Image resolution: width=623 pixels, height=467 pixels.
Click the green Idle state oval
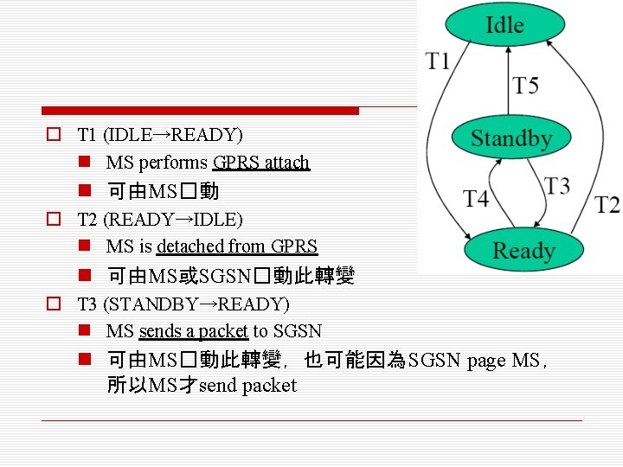pyautogui.click(x=504, y=25)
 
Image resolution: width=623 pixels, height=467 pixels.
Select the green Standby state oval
pyautogui.click(x=511, y=138)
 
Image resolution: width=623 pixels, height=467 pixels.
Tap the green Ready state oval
pyautogui.click(x=523, y=251)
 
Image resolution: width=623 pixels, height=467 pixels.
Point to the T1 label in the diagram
pyautogui.click(x=438, y=61)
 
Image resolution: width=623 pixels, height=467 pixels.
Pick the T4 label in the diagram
pyautogui.click(x=475, y=199)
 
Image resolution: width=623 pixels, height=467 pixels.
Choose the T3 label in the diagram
pyautogui.click(x=557, y=186)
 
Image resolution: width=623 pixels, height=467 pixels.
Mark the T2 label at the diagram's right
pyautogui.click(x=607, y=205)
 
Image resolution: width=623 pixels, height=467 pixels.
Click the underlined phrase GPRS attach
pyautogui.click(x=260, y=163)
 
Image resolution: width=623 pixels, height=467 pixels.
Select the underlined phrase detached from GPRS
pyautogui.click(x=237, y=246)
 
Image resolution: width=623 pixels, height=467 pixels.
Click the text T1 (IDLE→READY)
pyautogui.click(x=160, y=135)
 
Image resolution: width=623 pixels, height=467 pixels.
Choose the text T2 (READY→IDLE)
pyautogui.click(x=160, y=220)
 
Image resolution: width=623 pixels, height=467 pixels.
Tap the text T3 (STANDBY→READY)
pyautogui.click(x=183, y=304)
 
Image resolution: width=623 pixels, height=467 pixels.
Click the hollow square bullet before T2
pyautogui.click(x=54, y=220)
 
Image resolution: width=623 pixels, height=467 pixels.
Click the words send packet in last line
pyautogui.click(x=247, y=386)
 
